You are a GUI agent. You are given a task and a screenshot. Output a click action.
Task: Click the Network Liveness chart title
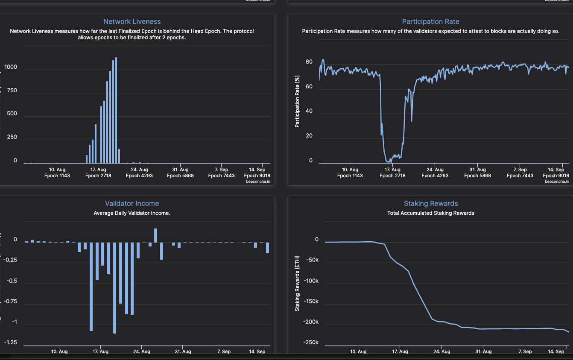tap(132, 21)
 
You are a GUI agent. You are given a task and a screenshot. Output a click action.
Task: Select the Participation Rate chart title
tap(430, 21)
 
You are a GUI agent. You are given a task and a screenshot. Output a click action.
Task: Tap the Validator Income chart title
tap(132, 204)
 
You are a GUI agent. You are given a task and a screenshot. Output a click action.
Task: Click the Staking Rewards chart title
tap(430, 204)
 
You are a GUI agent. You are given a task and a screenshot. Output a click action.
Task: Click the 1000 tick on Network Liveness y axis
tap(11, 67)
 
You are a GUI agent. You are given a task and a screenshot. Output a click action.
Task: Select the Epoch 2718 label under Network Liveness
tap(99, 176)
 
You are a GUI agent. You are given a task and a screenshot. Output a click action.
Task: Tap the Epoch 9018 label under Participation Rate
tap(555, 176)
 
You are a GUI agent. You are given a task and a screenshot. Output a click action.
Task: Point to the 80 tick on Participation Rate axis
tap(309, 62)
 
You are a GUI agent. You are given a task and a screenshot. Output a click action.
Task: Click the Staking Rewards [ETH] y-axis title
tap(297, 283)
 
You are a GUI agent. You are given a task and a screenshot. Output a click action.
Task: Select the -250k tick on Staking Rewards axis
tap(311, 342)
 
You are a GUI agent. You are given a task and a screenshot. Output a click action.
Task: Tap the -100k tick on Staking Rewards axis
tap(311, 281)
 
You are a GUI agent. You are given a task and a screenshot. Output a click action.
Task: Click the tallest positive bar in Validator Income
tap(156, 235)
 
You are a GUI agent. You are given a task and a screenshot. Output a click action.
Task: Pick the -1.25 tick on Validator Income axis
tap(11, 342)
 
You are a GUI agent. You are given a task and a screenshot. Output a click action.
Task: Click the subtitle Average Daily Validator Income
tap(132, 213)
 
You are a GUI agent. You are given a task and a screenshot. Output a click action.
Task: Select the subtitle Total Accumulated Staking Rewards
tap(430, 213)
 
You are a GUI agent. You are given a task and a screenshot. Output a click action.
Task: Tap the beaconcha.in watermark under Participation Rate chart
tap(557, 181)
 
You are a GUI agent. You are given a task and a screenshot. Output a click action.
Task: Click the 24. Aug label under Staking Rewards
tap(442, 352)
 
